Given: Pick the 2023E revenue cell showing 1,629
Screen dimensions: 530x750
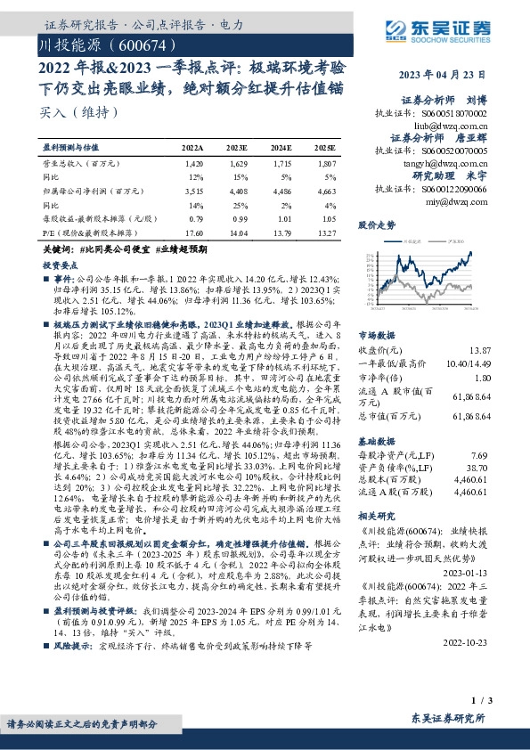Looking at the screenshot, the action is (x=236, y=165).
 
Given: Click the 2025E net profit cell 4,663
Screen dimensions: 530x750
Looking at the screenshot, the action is (x=326, y=191).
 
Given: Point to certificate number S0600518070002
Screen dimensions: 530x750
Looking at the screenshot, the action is (x=444, y=115).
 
